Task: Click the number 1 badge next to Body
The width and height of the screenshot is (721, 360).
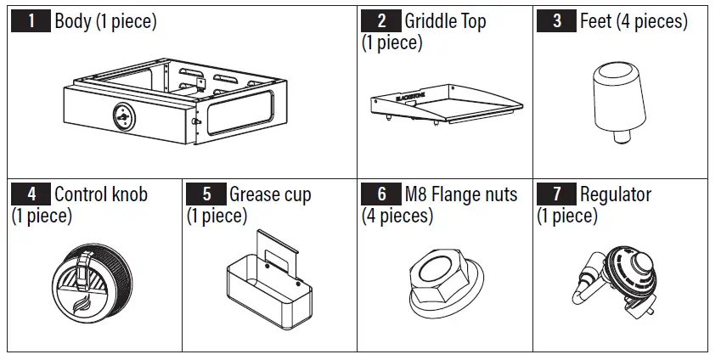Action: click(x=31, y=22)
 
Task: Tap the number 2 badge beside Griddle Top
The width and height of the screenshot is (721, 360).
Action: click(x=380, y=21)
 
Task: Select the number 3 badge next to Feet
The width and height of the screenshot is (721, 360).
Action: click(x=556, y=22)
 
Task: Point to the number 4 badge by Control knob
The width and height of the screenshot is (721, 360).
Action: click(x=31, y=194)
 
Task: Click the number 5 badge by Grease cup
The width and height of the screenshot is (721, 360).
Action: click(x=206, y=194)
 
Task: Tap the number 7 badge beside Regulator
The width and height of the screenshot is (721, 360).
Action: click(x=557, y=194)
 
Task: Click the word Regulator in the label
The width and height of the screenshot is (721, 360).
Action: click(x=615, y=195)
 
